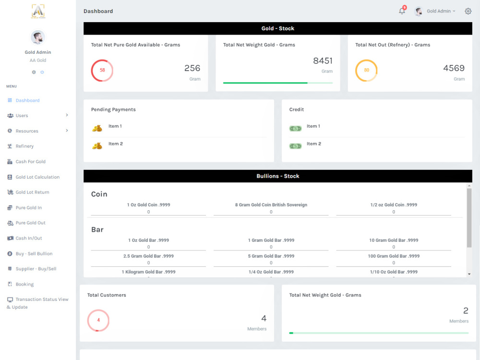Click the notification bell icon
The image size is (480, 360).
402,12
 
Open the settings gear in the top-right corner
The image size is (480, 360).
468,12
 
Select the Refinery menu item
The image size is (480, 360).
24,146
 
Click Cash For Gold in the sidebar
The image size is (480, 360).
31,162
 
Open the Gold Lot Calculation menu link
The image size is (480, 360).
37,177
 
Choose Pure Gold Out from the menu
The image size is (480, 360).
31,223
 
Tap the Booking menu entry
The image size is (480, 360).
24,284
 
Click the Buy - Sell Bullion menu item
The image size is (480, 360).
34,253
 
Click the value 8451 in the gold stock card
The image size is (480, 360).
323,60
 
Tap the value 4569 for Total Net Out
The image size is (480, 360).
454,68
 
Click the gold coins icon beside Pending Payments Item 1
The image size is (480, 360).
97,128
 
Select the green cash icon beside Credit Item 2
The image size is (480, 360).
295,146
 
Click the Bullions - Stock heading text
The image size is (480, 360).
278,176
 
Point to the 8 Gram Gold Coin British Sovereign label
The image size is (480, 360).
271,205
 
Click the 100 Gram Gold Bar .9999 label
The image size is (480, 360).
394,256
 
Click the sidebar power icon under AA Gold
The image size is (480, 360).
42,72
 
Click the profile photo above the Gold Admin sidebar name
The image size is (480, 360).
38,37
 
